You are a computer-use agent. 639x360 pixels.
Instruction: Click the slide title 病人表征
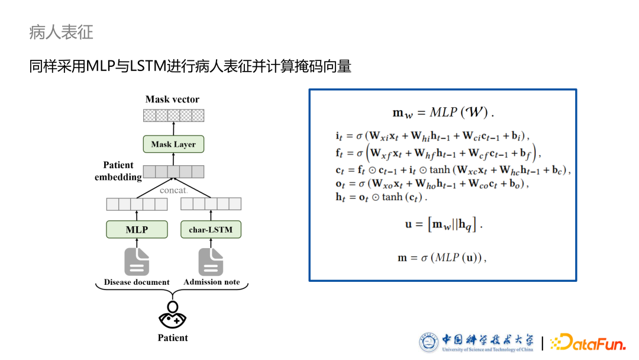(61, 32)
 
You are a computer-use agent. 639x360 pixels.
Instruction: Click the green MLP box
(137, 229)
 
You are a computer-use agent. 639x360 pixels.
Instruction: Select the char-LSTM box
(211, 229)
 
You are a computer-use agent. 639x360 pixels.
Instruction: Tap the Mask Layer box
(173, 144)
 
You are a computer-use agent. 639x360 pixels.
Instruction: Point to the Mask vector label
(173, 99)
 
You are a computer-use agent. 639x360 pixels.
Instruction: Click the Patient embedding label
(118, 171)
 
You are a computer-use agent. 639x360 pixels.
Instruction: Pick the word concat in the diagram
(173, 190)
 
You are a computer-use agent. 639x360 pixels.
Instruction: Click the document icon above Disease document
(137, 261)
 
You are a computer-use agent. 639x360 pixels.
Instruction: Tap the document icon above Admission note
(211, 261)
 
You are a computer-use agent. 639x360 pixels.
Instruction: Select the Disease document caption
(137, 282)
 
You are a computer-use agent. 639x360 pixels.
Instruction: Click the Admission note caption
(212, 282)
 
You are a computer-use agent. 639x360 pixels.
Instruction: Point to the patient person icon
(173, 315)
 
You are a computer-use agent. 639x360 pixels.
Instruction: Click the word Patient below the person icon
(173, 338)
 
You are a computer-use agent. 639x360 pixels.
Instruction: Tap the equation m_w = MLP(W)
(443, 112)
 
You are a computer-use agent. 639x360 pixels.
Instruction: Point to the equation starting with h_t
(381, 197)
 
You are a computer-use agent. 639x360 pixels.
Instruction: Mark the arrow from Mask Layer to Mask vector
(173, 128)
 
